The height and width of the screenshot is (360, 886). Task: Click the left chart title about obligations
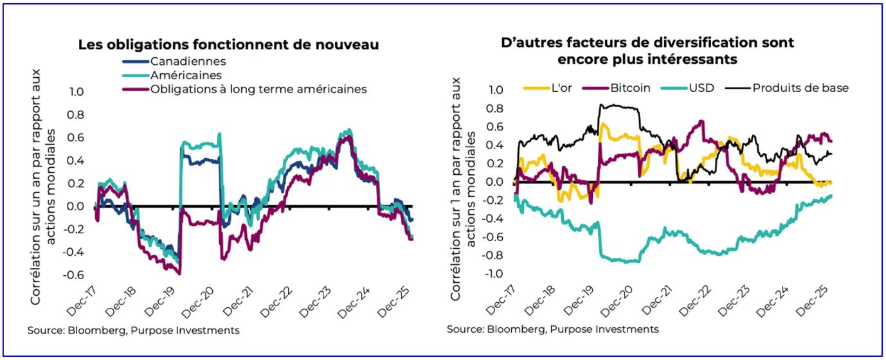tap(228, 45)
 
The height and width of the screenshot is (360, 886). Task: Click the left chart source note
tap(133, 330)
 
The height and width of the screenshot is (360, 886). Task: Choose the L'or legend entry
tap(559, 87)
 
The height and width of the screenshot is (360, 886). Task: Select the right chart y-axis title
tap(463, 190)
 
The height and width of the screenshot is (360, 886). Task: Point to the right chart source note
tap(552, 329)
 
